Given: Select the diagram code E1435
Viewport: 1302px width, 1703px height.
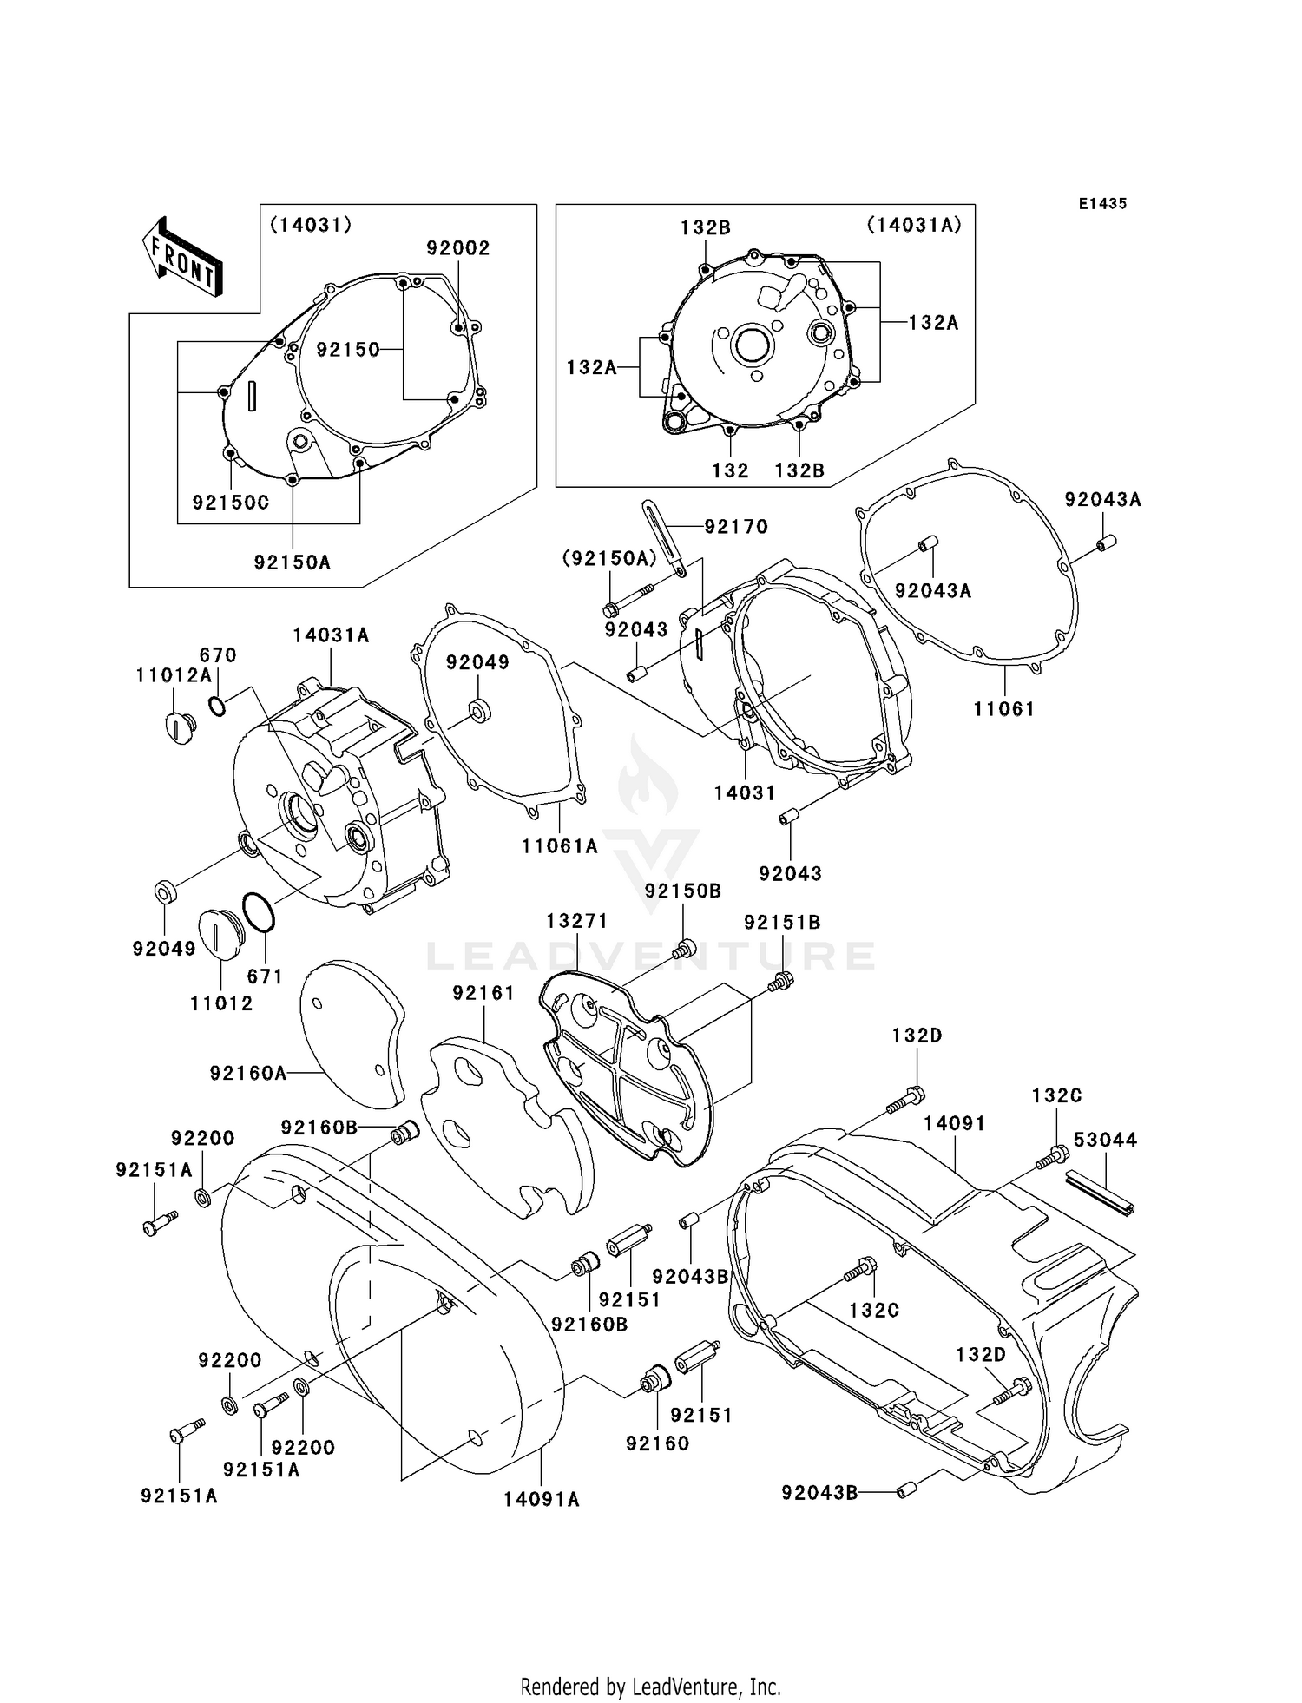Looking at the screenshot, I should [x=1102, y=204].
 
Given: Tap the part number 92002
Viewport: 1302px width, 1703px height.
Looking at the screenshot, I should [x=457, y=248].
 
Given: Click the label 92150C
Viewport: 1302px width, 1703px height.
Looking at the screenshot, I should [x=231, y=503].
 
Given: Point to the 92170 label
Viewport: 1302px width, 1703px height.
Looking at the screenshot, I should [x=736, y=526].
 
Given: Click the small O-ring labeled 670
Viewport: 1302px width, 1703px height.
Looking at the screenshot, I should [x=217, y=706].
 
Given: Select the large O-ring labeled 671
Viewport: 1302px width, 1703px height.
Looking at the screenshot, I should [x=259, y=913].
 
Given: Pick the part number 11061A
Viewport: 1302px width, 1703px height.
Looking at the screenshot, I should [x=560, y=845].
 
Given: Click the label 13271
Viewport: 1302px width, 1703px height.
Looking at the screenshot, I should [x=576, y=921].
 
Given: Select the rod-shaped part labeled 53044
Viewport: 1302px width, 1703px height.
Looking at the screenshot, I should [x=1100, y=1193].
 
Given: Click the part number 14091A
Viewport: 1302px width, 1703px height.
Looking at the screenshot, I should [x=541, y=1499].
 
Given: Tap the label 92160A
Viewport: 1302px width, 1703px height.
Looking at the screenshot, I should [x=247, y=1074].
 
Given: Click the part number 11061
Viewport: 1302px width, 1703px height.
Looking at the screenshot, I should [x=1003, y=709].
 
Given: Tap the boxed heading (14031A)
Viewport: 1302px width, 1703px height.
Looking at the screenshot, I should [x=913, y=225].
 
